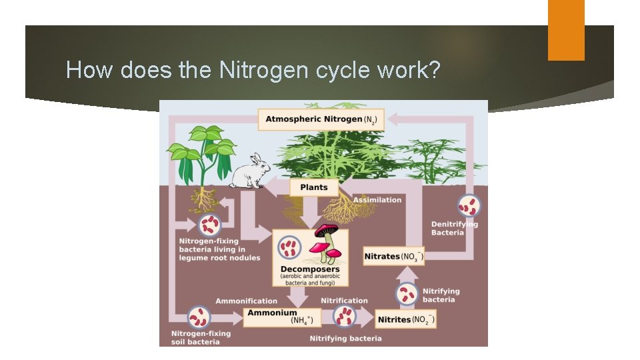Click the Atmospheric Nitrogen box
point(321,120)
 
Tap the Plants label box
point(313,187)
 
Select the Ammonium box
point(282,317)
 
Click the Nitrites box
point(406,319)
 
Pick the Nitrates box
point(393,256)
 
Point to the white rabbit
point(248,172)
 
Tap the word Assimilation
point(377,200)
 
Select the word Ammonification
point(246,301)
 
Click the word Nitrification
point(344,301)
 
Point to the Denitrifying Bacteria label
point(454,228)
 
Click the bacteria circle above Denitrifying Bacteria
point(468,205)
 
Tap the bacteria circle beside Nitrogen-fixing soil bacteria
point(199,317)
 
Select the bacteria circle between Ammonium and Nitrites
point(345,317)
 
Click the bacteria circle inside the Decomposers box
point(289,247)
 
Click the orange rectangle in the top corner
point(566,30)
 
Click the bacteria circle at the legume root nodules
point(209,225)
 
